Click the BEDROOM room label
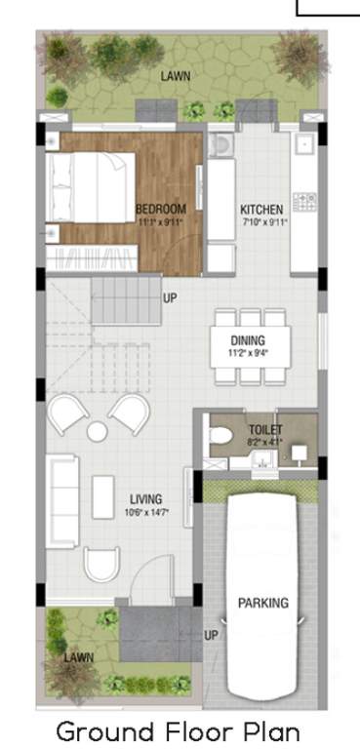[x=160, y=209]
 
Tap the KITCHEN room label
[x=261, y=210]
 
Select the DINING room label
[x=247, y=339]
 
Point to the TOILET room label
[x=265, y=428]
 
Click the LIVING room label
[x=145, y=499]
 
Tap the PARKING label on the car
[x=262, y=603]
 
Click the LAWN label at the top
[x=177, y=75]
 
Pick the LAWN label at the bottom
[x=79, y=657]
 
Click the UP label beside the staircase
[x=170, y=298]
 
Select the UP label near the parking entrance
[x=211, y=635]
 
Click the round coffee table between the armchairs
[x=97, y=430]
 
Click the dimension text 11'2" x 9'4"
[x=247, y=352]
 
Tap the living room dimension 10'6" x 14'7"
[x=145, y=512]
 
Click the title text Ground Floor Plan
[x=177, y=729]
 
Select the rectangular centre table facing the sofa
[x=103, y=495]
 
